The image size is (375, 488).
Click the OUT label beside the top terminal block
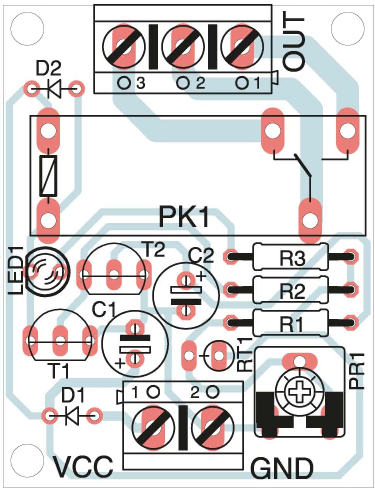tap(294, 43)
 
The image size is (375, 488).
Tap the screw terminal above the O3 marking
tap(123, 45)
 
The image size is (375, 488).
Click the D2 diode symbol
tap(54, 89)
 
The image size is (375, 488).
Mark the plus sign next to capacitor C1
tap(121, 363)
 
